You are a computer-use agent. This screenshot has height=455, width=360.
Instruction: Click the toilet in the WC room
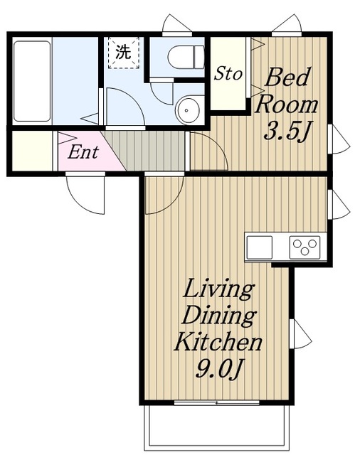coord(186,57)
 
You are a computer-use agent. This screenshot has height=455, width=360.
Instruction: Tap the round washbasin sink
coord(189,110)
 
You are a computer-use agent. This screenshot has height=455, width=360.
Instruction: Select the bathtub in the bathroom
coord(32,81)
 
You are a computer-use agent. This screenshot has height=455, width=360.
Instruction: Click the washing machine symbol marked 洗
coord(124,53)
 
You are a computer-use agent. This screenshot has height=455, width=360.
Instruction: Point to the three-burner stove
coord(305,247)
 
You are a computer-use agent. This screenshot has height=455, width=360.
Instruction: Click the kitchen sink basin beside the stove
coord(259,247)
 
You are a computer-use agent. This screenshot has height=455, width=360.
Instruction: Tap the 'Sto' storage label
coord(228,73)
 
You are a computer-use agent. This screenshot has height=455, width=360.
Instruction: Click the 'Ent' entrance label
coord(83,151)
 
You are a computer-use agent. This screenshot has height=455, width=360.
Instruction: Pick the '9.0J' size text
coord(219,369)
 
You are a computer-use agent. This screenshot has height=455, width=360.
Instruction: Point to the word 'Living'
coord(218,289)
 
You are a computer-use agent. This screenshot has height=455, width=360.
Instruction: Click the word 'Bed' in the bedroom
coord(287,77)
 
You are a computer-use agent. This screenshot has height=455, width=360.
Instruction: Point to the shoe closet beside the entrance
coord(32,151)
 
